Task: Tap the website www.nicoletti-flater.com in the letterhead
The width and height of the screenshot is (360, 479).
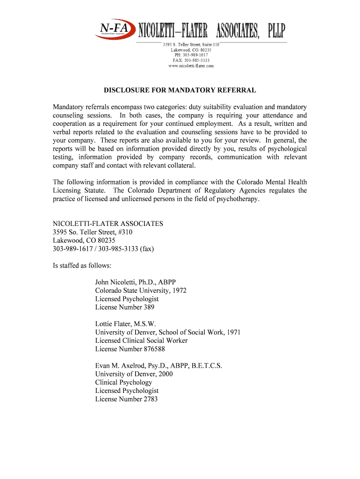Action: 191,66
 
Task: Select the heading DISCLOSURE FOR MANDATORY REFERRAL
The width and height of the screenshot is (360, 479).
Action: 180,90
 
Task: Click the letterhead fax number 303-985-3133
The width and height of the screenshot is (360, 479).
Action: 191,60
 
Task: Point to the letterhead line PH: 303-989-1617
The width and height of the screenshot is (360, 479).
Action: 191,55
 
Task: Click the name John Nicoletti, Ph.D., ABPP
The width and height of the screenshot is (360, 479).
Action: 136,282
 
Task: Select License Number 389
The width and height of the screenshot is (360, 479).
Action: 124,307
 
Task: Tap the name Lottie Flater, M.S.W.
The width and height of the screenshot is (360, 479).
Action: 125,324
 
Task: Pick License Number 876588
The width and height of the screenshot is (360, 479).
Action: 130,349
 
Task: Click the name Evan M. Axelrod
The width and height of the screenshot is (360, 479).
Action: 127,366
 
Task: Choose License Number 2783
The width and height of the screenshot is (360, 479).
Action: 126,399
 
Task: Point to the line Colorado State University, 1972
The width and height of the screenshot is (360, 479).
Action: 141,290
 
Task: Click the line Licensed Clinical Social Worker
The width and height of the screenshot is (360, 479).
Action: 141,341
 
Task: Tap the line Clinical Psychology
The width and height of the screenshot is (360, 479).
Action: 123,382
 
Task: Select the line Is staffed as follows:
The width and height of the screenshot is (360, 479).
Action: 82,266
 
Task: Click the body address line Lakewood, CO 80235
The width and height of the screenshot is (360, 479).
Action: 84,240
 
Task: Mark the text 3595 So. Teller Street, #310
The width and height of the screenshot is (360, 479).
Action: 95,232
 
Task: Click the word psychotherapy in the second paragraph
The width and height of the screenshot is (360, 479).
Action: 236,199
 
